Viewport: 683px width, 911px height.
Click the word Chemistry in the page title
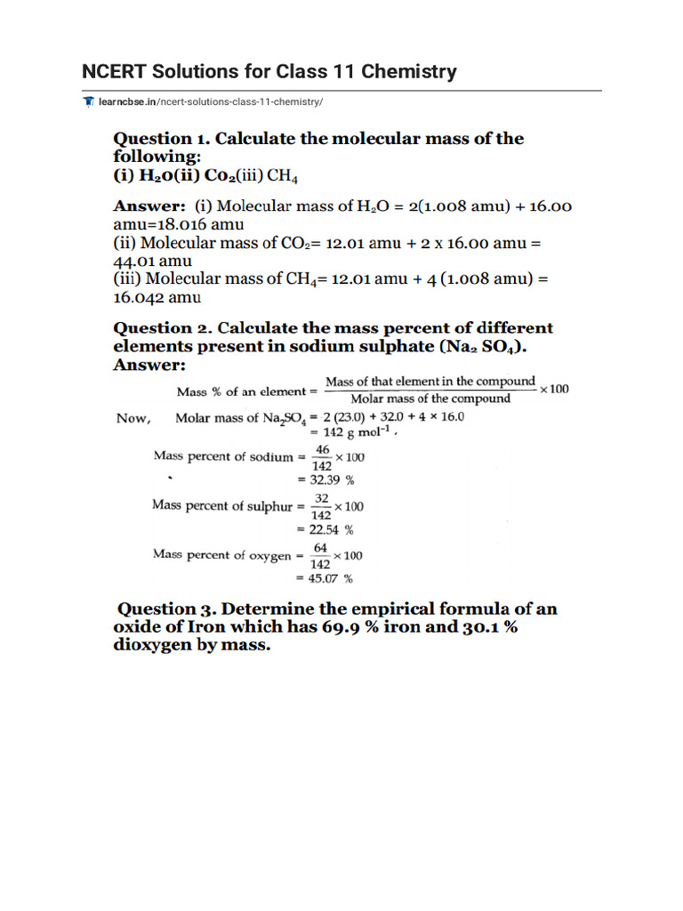tap(409, 71)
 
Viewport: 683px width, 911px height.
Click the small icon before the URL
tap(88, 102)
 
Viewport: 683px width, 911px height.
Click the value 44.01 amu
tap(153, 261)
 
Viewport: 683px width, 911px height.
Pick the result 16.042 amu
tap(157, 297)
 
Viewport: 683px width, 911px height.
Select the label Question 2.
tap(160, 328)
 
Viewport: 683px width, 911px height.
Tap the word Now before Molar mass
tap(133, 418)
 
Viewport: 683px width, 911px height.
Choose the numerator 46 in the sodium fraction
tap(323, 451)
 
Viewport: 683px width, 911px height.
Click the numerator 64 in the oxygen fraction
tap(321, 549)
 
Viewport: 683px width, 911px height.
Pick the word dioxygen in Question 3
tap(151, 646)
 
